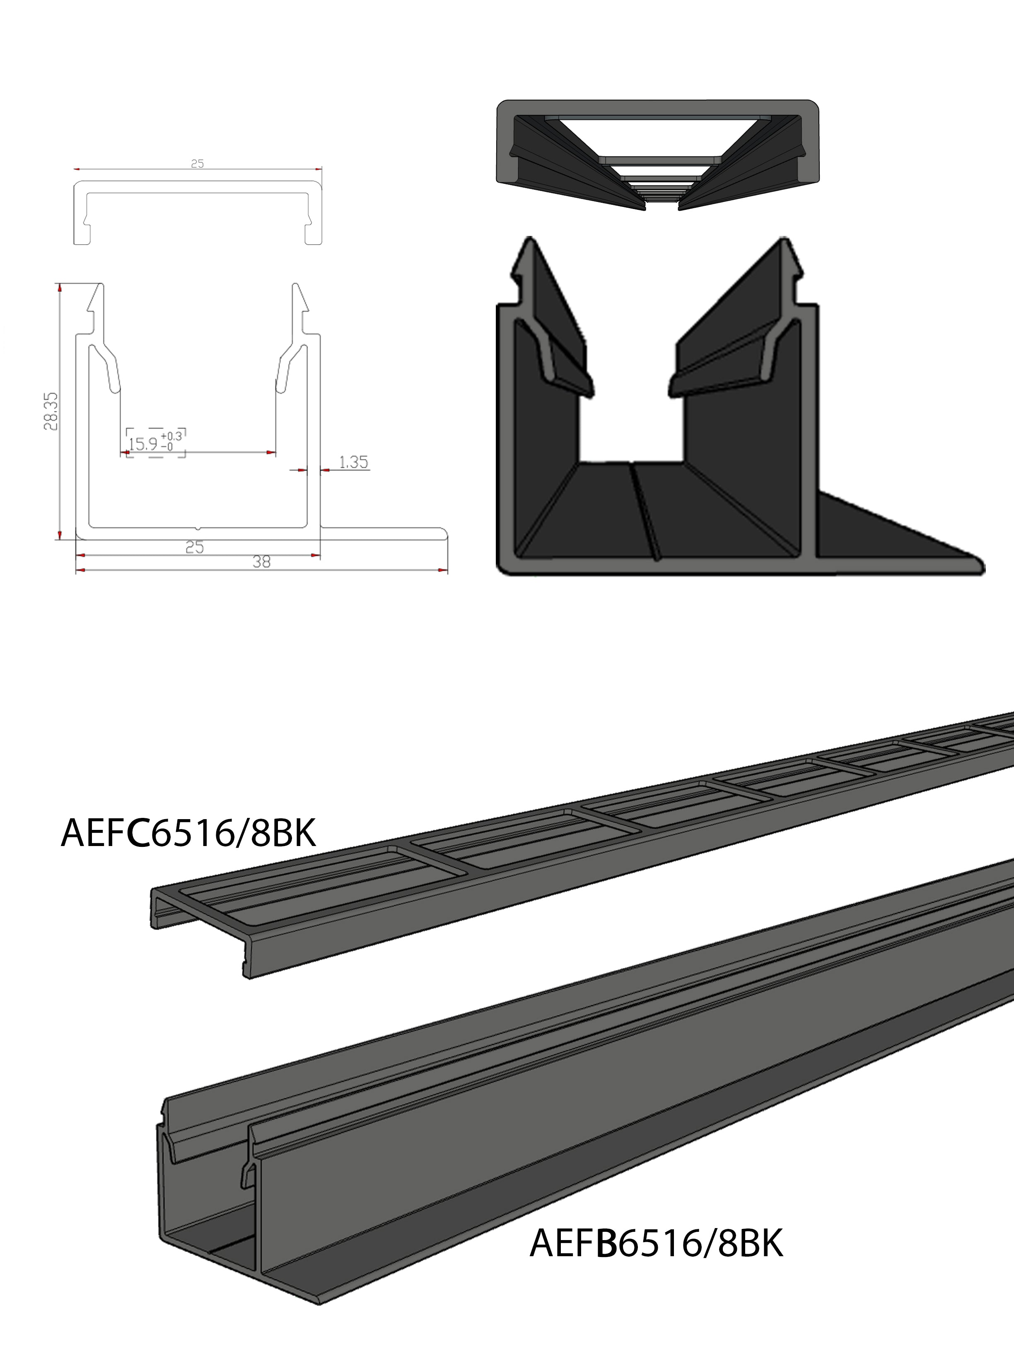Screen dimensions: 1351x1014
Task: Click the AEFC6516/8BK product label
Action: (x=188, y=833)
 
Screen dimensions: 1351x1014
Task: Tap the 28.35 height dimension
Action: (x=51, y=411)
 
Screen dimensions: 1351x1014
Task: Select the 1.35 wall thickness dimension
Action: (x=353, y=462)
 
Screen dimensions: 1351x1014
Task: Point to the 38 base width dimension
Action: (x=261, y=561)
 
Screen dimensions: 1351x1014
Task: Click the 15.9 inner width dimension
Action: (x=143, y=444)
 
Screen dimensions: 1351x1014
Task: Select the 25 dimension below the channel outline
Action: (x=194, y=547)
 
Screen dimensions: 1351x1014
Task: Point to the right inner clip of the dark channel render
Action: (x=721, y=366)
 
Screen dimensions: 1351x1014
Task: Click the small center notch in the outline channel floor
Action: (x=198, y=526)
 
